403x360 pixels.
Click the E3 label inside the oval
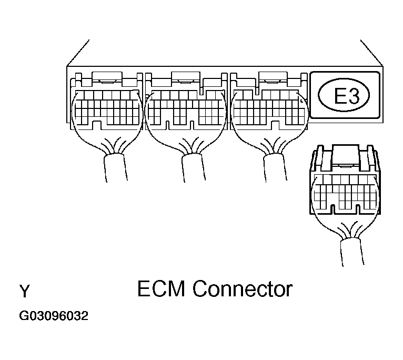345,96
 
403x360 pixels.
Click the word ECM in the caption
162,289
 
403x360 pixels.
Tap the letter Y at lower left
24,291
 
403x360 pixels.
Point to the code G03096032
54,317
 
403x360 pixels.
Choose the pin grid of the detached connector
345,192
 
